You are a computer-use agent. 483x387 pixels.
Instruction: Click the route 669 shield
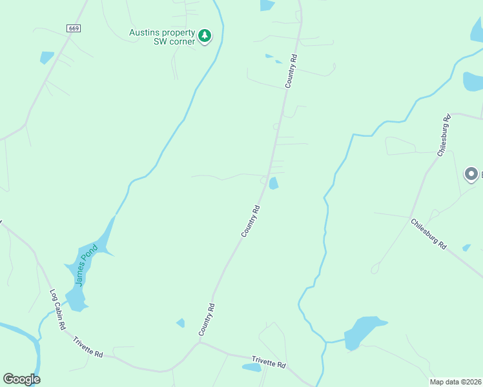(74, 28)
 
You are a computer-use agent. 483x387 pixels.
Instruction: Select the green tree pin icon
(205, 35)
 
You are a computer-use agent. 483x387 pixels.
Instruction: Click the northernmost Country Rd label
(291, 71)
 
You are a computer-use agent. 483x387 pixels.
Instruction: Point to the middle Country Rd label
(251, 221)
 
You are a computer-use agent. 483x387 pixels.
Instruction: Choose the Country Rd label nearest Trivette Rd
(206, 319)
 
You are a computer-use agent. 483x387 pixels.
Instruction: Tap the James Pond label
(86, 264)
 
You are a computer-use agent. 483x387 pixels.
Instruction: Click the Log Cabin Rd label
(58, 310)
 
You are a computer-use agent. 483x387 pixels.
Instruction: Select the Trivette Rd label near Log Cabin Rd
(88, 347)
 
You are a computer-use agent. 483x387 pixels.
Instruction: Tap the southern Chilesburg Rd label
(429, 234)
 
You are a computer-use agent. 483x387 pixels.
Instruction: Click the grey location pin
(471, 174)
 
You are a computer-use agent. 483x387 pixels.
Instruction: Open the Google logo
(21, 379)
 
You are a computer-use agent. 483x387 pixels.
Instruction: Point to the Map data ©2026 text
(455, 382)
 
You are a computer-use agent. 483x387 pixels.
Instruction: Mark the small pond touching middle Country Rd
(274, 183)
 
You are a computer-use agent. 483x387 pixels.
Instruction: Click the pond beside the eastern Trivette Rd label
(251, 368)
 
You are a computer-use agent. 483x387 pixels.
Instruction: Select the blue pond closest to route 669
(46, 57)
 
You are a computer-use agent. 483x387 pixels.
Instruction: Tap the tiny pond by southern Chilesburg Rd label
(466, 248)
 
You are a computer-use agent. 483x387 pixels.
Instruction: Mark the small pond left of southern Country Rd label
(181, 322)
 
